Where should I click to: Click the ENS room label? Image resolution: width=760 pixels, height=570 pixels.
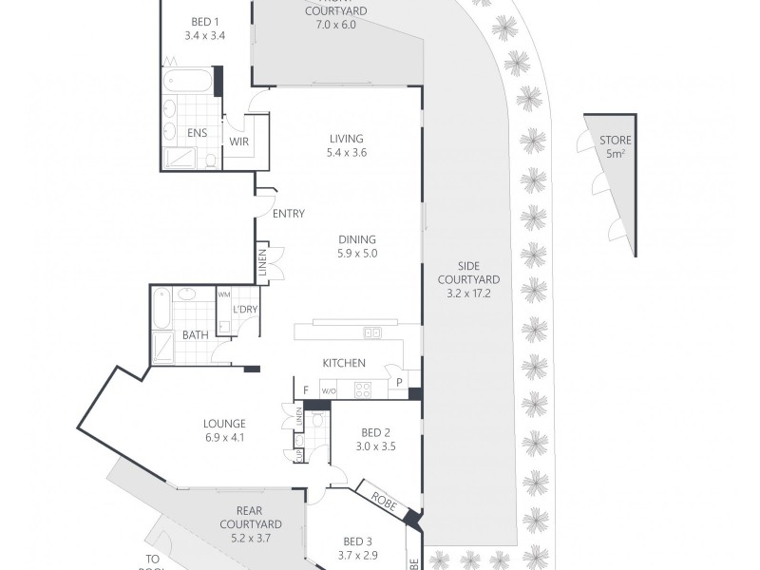198,133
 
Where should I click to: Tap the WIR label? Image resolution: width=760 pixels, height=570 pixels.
237,142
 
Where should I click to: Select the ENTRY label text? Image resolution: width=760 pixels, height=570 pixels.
288,214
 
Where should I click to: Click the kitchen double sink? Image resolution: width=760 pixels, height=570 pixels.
372,332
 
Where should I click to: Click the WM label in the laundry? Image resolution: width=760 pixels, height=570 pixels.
224,294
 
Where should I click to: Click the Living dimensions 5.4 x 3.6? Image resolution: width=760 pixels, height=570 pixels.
346,152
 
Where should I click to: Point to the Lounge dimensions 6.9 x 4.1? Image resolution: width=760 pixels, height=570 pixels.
224,438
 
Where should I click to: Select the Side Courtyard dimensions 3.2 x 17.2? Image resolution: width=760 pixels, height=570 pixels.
468,294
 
